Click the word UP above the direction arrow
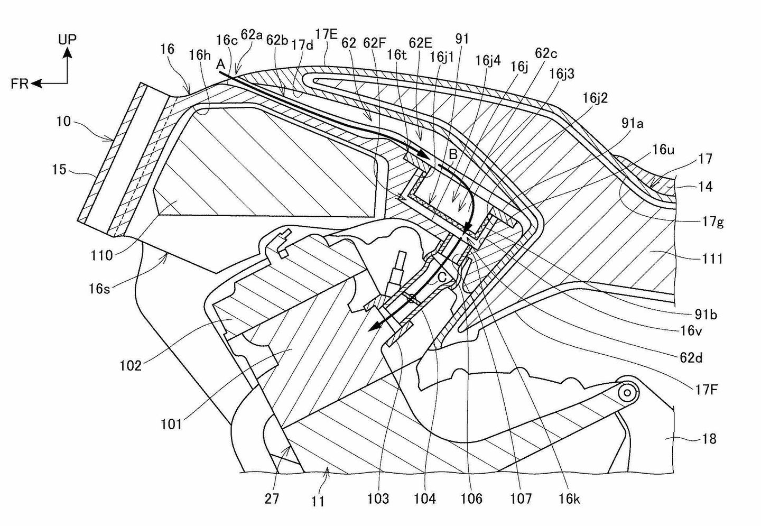tap(67, 39)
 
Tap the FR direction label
tap(20, 84)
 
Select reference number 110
tap(102, 255)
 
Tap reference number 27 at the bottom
tap(272, 499)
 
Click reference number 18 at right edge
tap(709, 438)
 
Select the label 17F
tap(707, 391)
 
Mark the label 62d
tap(691, 358)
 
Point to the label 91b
tap(706, 315)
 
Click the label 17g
tap(713, 222)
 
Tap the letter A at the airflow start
tap(221, 64)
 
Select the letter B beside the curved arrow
tap(453, 155)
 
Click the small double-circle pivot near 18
tap(627, 393)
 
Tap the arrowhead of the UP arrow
tap(67, 51)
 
